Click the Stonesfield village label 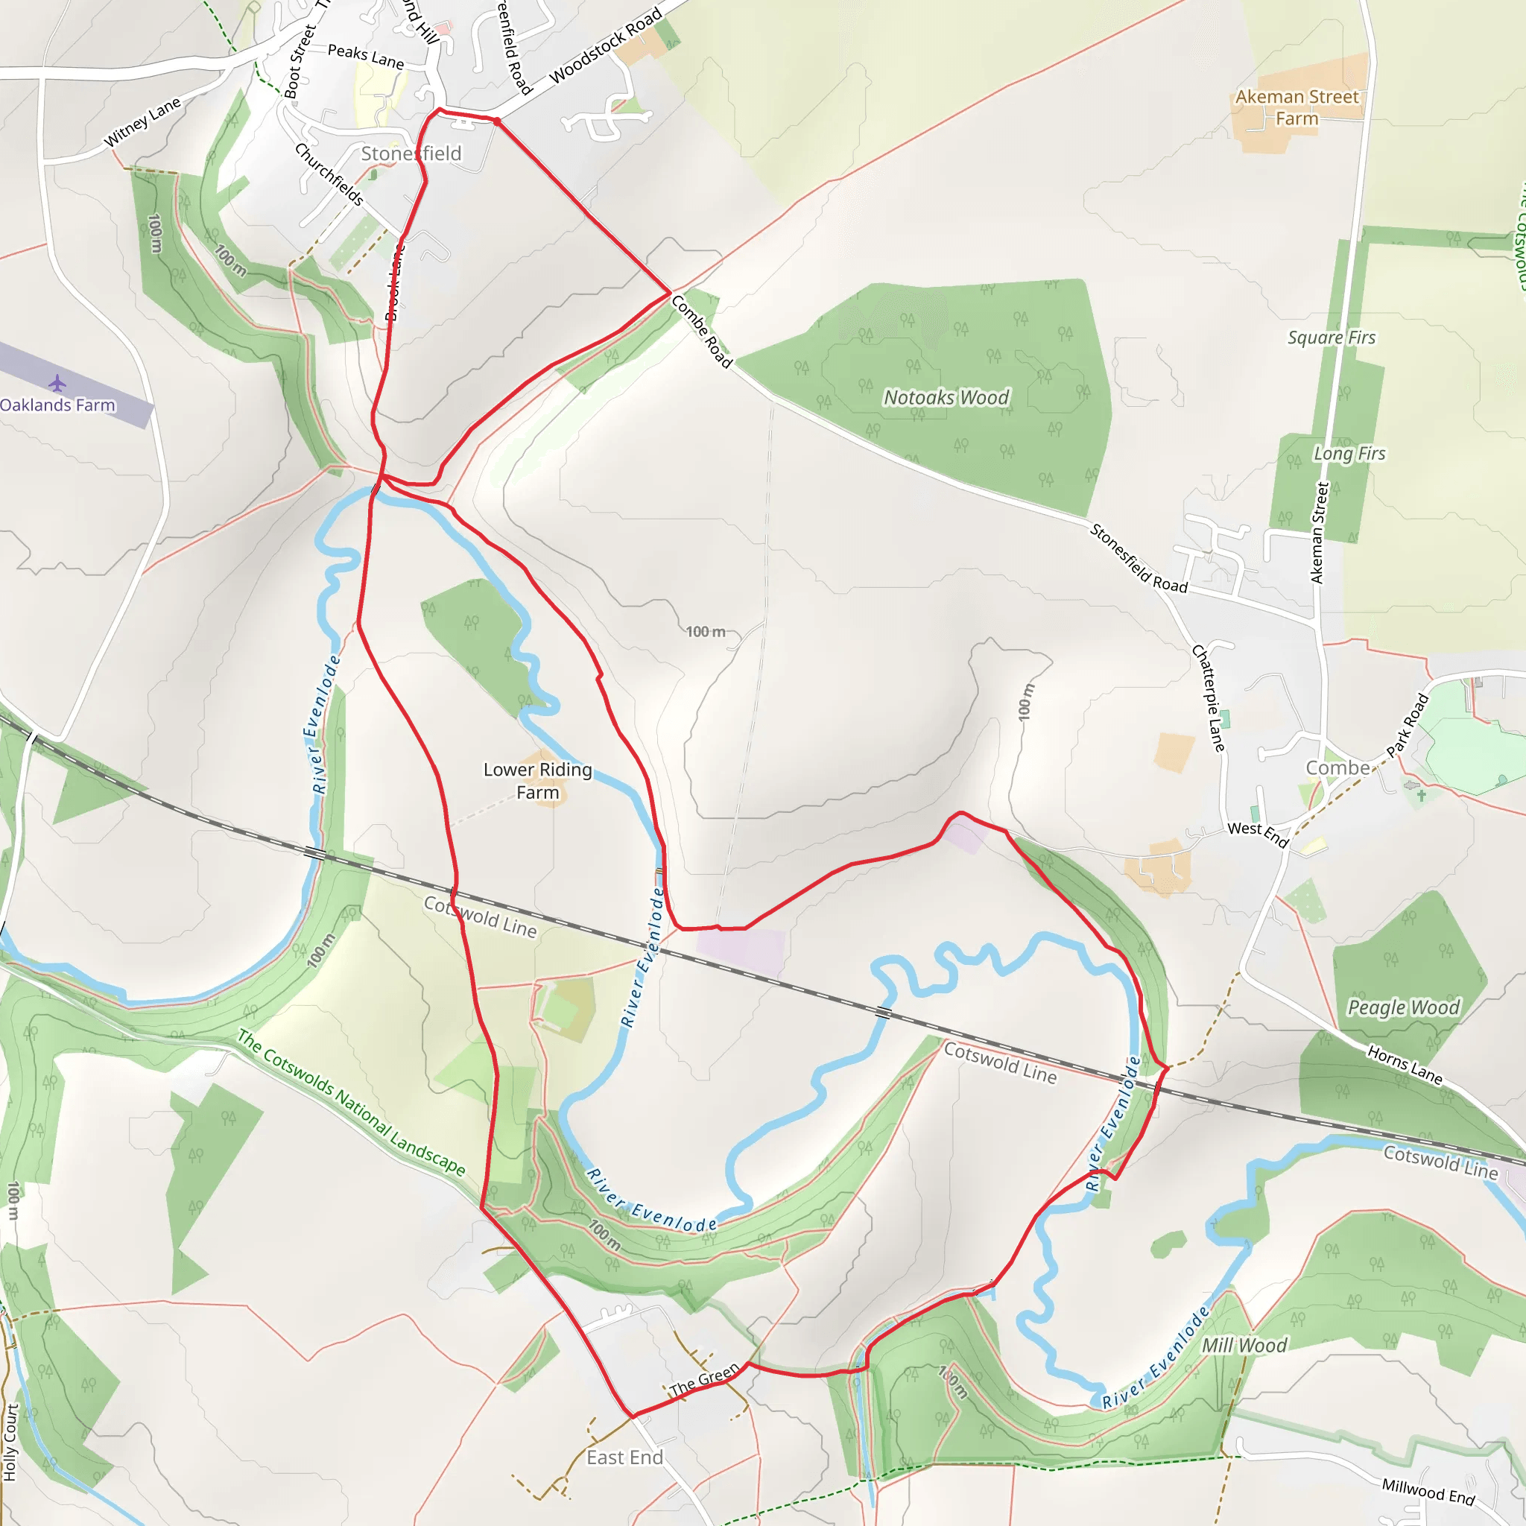coord(411,153)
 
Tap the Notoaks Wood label coord(946,397)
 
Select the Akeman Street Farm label coord(1297,107)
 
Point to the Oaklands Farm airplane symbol coord(57,384)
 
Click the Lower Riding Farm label coord(537,780)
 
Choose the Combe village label coord(1338,767)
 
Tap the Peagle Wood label coord(1404,1007)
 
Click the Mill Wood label coord(1244,1345)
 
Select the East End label coord(624,1457)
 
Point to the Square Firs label coord(1331,338)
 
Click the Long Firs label coord(1349,453)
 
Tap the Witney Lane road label coord(142,122)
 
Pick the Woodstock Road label coord(605,45)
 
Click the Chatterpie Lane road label coord(1209,697)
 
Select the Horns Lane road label coord(1405,1065)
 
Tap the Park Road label coord(1408,725)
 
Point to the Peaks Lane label coord(366,56)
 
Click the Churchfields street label coord(329,174)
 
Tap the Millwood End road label coord(1428,1491)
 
